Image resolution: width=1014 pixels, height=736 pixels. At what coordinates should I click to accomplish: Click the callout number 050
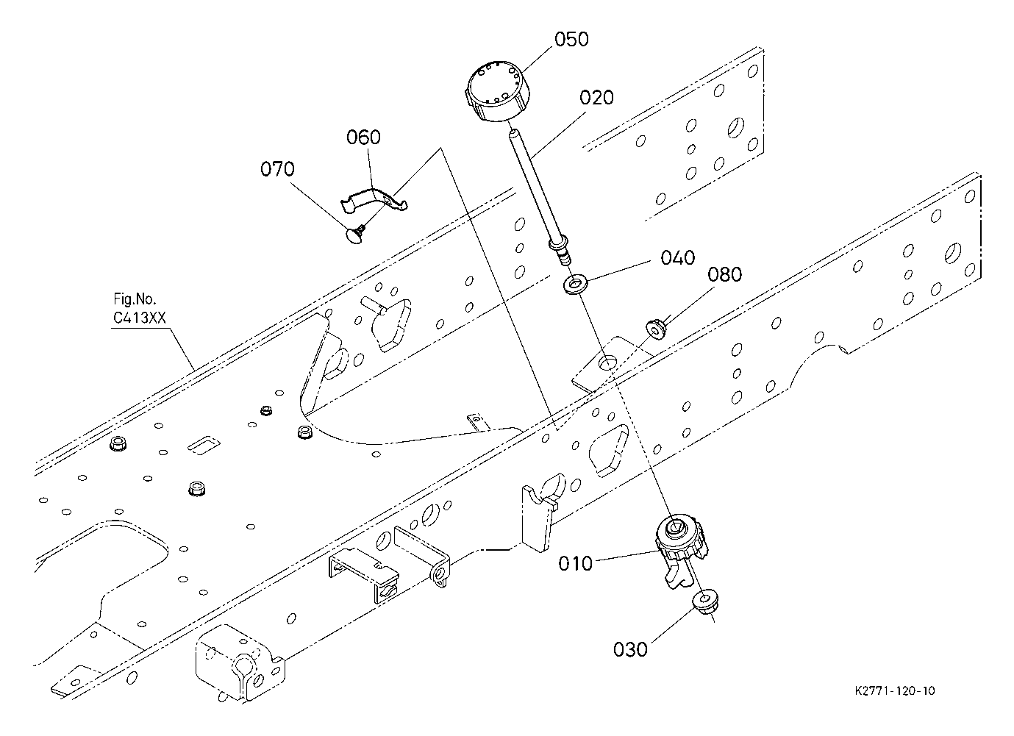point(572,40)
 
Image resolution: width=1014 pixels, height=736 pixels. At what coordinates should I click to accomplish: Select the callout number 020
point(596,98)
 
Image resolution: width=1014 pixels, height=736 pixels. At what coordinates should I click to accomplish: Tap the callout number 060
point(363,137)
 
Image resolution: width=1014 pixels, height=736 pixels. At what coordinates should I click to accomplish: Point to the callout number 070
point(277,169)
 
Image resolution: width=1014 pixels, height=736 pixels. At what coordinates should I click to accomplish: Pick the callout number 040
point(678,258)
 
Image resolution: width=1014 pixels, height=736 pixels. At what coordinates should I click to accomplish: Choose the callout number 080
point(725,275)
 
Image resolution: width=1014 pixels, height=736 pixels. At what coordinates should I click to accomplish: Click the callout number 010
point(575,564)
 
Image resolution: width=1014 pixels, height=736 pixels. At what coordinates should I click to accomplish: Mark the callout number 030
point(631,650)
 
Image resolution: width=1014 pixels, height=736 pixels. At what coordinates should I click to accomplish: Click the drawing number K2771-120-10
point(895,691)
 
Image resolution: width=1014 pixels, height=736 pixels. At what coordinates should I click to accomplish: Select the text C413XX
point(140,318)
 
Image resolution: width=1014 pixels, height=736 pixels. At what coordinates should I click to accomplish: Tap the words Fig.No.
point(135,299)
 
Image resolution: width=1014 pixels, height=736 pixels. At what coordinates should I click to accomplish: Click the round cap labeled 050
point(498,91)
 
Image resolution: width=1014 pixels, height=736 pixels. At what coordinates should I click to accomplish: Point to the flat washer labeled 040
point(575,285)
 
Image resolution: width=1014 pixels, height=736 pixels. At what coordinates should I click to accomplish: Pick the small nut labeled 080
point(654,328)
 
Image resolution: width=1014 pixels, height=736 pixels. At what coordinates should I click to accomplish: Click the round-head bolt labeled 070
point(357,235)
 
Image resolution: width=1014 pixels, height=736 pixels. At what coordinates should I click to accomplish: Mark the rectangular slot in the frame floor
point(204,445)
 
